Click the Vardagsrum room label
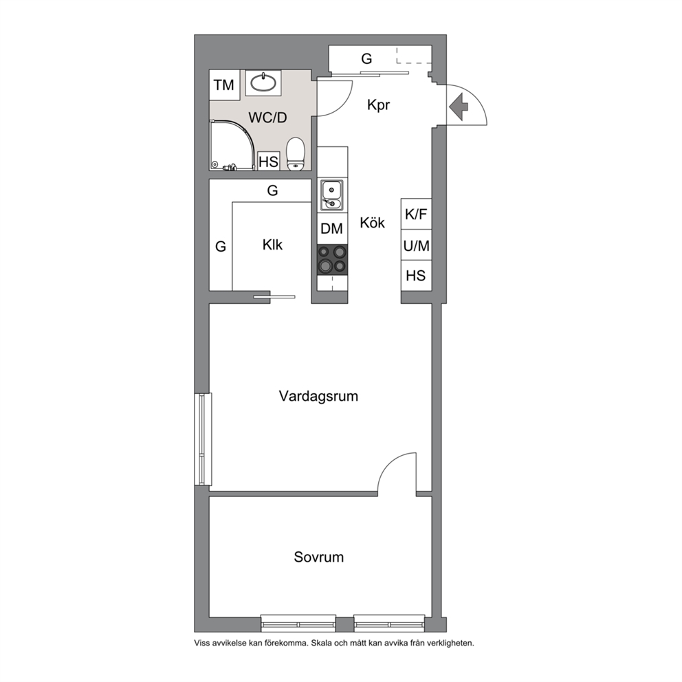[318, 396]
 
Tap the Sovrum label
[319, 557]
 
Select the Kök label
[373, 223]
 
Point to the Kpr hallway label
[378, 104]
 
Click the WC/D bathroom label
[267, 118]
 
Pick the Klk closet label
[272, 245]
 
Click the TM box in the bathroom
[224, 85]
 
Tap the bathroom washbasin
[263, 82]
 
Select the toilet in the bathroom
[296, 153]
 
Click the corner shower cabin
[231, 145]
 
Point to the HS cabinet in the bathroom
[268, 162]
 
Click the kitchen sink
[332, 195]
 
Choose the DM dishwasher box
[332, 228]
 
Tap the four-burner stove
[332, 259]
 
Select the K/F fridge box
[416, 214]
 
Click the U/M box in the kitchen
[416, 245]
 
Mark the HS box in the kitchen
[416, 276]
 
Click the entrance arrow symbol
[459, 106]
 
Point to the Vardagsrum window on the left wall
[203, 439]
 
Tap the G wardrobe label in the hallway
[366, 58]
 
